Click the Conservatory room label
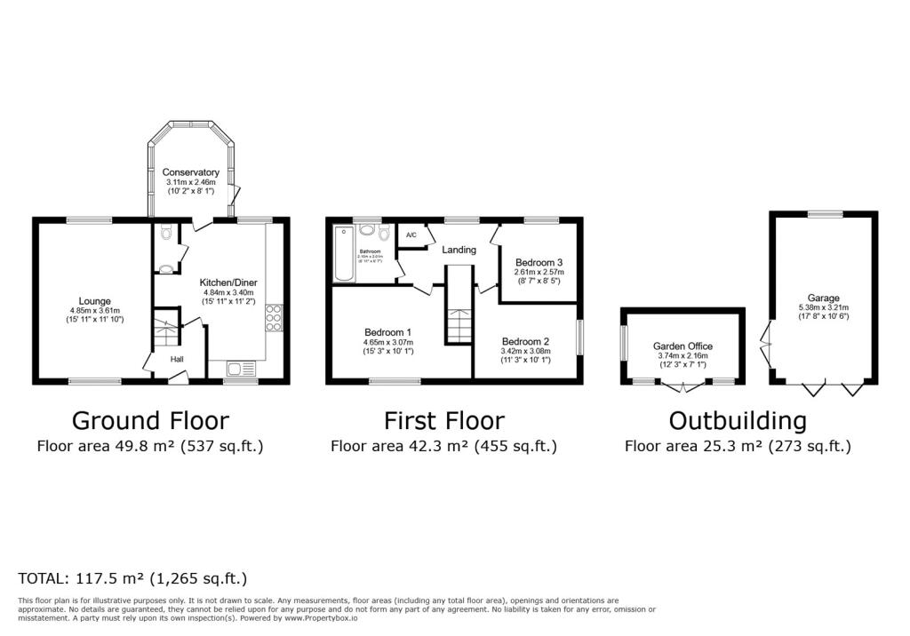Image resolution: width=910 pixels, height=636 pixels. (190, 172)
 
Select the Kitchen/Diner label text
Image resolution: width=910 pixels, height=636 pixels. (229, 282)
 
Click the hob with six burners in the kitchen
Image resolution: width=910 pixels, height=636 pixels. (274, 317)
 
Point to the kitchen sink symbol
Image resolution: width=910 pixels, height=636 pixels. (239, 369)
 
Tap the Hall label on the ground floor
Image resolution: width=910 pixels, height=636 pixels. (178, 360)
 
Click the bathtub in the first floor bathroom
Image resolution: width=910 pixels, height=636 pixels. (343, 256)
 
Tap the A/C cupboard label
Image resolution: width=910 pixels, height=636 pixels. (411, 235)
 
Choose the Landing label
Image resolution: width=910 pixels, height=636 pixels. (459, 250)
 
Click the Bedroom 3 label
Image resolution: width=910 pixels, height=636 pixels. (539, 262)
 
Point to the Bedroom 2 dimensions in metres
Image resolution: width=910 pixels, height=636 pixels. (525, 352)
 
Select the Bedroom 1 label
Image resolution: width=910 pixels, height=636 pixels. (387, 331)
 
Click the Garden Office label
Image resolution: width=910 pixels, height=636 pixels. (682, 346)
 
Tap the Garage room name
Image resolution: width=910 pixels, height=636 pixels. (823, 298)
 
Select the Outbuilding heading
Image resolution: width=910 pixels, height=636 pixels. (738, 420)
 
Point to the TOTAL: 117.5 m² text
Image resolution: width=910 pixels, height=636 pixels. (132, 578)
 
